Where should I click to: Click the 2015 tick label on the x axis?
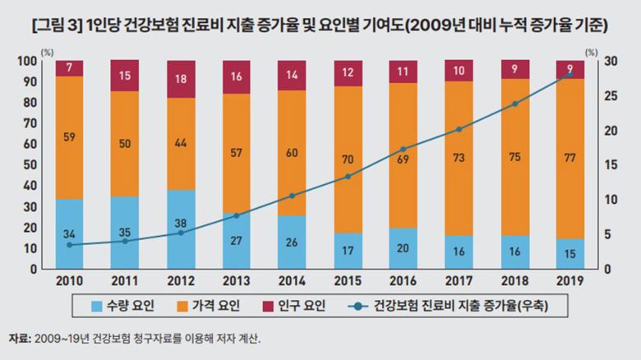point(348,280)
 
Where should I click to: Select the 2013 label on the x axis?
point(237,280)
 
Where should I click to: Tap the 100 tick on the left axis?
point(28,61)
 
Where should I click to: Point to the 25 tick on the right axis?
point(609,95)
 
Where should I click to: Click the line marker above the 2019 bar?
point(570,74)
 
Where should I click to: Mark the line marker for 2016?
point(403,150)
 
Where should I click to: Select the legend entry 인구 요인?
point(297,306)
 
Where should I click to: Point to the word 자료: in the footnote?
point(19,338)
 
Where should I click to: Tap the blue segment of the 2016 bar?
point(403,247)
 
